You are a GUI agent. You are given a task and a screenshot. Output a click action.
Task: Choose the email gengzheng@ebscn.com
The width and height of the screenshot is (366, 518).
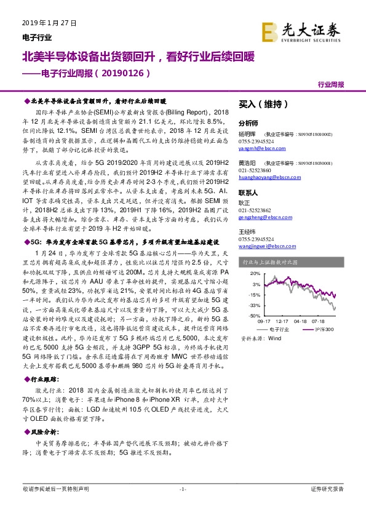click(260, 217)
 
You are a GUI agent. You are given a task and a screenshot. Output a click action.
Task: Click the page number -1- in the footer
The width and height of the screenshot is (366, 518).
click(183, 489)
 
